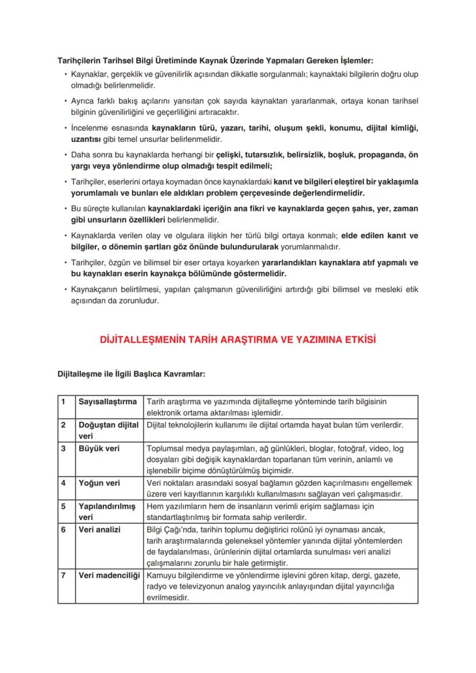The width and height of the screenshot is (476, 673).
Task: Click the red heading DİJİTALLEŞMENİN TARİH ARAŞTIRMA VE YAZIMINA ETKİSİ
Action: (x=237, y=340)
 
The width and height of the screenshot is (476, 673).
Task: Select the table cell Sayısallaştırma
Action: (x=108, y=401)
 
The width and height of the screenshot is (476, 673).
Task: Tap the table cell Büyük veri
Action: (x=99, y=448)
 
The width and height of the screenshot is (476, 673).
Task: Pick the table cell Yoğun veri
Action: (x=99, y=483)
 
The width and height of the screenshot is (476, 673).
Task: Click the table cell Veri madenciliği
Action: (x=109, y=575)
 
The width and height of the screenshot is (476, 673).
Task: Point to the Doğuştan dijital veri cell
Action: (x=108, y=430)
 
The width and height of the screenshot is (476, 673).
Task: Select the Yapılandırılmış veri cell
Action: (x=106, y=512)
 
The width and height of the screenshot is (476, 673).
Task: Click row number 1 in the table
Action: (x=64, y=401)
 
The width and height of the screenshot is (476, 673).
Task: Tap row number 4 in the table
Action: (x=64, y=483)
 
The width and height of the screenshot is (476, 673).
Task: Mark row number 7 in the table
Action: (x=64, y=575)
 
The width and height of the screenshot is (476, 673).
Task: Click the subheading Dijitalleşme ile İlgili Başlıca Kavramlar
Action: (x=131, y=374)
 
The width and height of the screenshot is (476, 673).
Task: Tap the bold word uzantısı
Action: (x=86, y=139)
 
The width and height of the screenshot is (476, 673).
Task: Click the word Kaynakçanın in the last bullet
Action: (x=93, y=290)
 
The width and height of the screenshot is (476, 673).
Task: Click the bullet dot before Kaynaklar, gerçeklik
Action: (x=66, y=75)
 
